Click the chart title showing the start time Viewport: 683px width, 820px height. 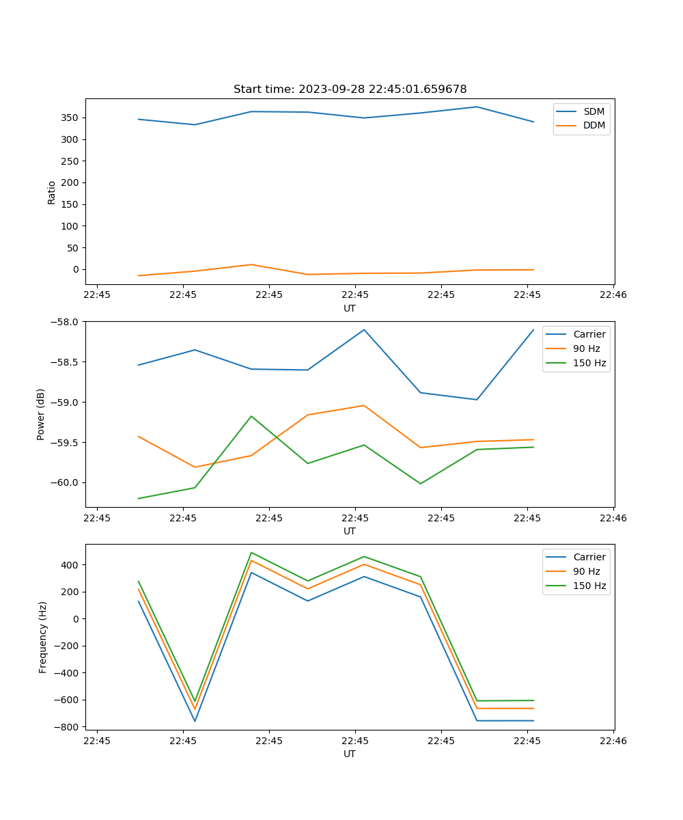click(350, 90)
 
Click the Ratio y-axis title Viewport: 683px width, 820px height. click(52, 192)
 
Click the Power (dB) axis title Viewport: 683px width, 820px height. click(41, 414)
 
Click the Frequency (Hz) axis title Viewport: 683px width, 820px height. click(42, 637)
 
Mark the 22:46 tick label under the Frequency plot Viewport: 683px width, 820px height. click(613, 741)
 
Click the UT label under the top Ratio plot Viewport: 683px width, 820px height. click(350, 308)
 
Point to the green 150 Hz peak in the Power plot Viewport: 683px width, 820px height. click(251, 416)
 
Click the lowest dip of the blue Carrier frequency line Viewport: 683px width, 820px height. click(195, 721)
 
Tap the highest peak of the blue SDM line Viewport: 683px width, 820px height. click(477, 107)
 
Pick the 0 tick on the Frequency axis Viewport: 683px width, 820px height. click(76, 619)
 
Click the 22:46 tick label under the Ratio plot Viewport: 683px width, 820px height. click(613, 295)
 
